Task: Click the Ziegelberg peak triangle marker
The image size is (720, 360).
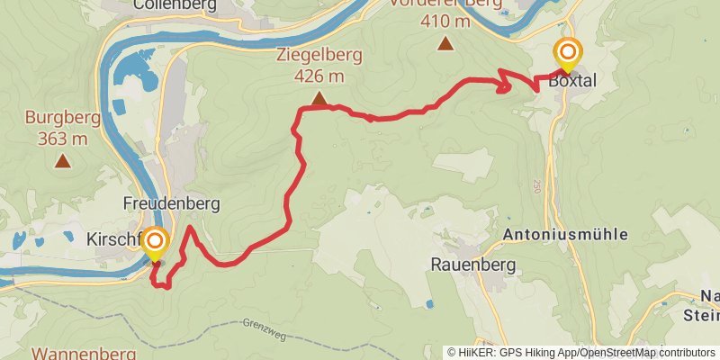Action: coord(319,98)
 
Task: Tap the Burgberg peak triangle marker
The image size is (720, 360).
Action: coord(63,161)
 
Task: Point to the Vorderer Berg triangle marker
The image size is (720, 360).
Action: coord(445,43)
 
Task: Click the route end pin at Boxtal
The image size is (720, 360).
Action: coord(567,54)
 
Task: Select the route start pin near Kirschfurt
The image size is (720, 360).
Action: coord(156,243)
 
